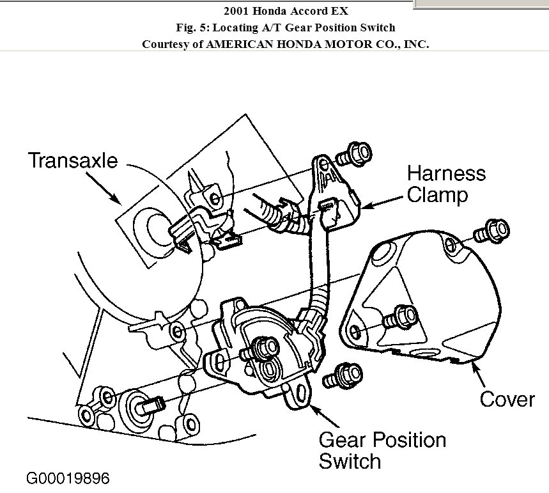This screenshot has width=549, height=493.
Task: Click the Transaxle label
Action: [72, 160]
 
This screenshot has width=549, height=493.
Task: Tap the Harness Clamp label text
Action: [446, 184]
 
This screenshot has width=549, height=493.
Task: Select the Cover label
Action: [507, 399]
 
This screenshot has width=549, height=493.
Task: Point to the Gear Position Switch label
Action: [382, 450]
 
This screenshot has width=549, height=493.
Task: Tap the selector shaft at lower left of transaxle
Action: [143, 405]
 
